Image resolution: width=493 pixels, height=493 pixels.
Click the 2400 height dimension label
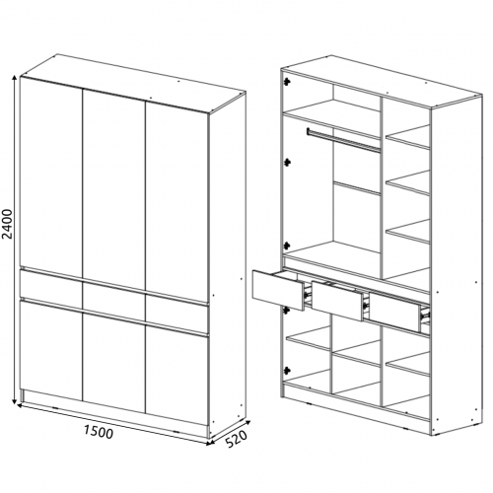[x=7, y=224]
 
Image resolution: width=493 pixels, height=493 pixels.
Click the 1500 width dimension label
[x=99, y=432]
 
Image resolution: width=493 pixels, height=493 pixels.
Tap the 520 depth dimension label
[x=237, y=439]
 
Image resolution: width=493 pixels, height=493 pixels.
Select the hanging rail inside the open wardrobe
[x=343, y=140]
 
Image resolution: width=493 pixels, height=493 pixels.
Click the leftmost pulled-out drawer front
[x=278, y=290]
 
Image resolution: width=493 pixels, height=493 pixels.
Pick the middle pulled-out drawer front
[x=337, y=301]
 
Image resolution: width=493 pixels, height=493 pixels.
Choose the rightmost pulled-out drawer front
[x=394, y=312]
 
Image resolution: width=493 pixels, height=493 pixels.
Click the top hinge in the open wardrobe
[x=287, y=81]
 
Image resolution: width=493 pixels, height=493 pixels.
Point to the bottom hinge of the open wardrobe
[x=287, y=371]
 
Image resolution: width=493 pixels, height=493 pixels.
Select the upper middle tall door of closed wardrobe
[x=113, y=188]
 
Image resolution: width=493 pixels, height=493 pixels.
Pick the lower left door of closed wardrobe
[x=51, y=349]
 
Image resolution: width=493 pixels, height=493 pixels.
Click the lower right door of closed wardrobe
[x=176, y=375]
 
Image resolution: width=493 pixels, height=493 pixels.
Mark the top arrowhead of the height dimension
[x=14, y=78]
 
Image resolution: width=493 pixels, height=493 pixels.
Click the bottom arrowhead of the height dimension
[x=14, y=400]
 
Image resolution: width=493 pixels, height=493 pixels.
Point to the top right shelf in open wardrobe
[x=408, y=137]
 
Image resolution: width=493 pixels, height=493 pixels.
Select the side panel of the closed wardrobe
[x=228, y=265]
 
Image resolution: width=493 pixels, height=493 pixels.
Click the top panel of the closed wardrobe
[x=133, y=83]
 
